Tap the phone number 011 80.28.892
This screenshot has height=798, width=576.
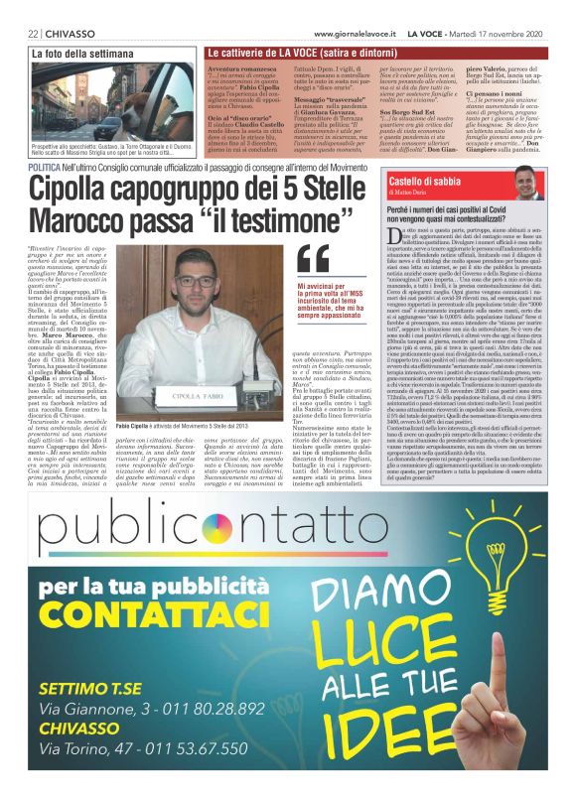click(198, 710)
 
